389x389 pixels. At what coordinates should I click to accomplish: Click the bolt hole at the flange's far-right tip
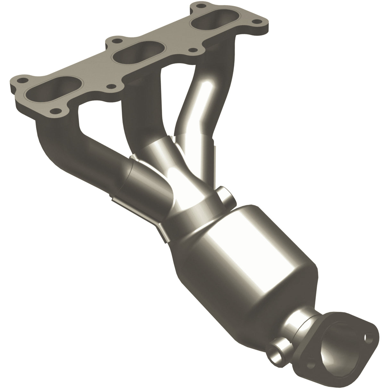point(255,22)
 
